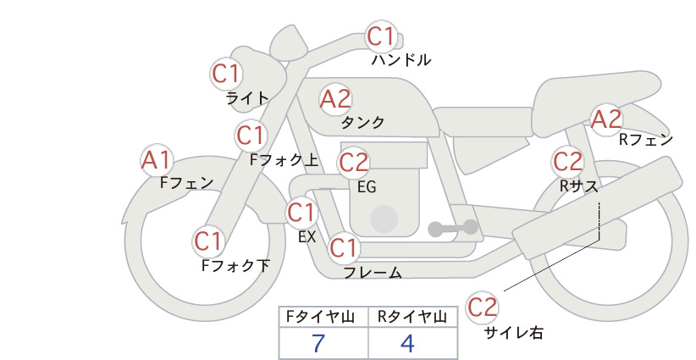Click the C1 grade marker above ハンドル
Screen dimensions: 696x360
[x=381, y=36]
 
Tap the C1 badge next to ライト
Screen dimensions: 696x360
[x=226, y=74]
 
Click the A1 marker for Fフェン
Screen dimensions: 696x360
[x=157, y=160]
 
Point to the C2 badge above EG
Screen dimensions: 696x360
[x=354, y=163]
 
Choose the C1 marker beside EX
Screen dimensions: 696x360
[x=301, y=212]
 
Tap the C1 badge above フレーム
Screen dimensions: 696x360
[x=344, y=247]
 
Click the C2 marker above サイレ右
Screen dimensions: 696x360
[x=482, y=307]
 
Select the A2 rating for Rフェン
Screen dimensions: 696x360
[x=606, y=119]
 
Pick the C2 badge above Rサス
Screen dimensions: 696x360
[x=567, y=161]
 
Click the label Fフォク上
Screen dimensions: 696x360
[x=284, y=160]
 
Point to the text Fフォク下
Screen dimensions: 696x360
[x=235, y=265]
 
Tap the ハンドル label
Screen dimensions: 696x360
[x=401, y=59]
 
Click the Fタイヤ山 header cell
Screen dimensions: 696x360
[x=323, y=317]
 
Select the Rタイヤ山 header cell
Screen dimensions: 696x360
[x=413, y=317]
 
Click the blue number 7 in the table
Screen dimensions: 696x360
[x=318, y=343]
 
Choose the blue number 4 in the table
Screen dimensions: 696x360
[x=407, y=343]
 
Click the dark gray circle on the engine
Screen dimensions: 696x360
[x=384, y=219]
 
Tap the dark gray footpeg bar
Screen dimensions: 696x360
[x=453, y=228]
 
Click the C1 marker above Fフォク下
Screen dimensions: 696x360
[x=208, y=241]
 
